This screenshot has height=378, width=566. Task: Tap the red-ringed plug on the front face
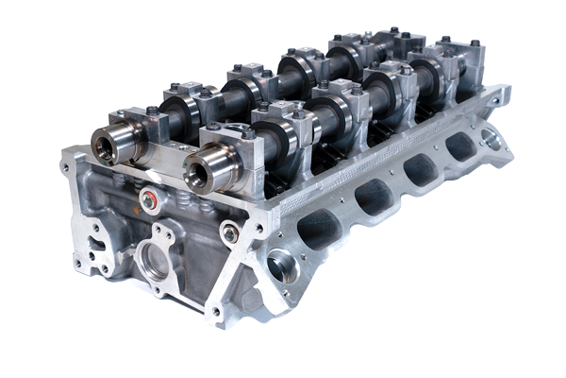(x=147, y=200)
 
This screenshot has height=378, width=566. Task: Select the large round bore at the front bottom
(x=151, y=261)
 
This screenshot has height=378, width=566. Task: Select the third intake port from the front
(x=418, y=170)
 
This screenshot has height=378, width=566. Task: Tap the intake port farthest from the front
(x=459, y=146)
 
